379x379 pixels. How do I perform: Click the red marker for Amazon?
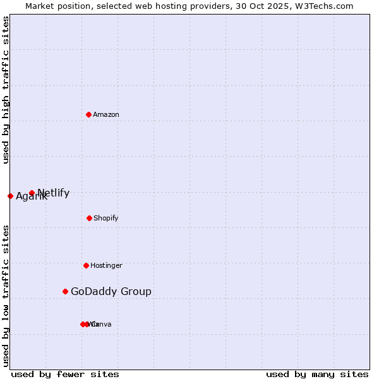(88, 114)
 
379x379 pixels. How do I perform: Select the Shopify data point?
(89, 218)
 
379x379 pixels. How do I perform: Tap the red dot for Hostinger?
(86, 265)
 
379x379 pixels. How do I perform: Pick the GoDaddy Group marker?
(65, 291)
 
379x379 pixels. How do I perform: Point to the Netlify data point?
(32, 193)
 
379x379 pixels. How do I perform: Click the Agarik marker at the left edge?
(10, 196)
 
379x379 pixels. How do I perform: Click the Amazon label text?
(106, 114)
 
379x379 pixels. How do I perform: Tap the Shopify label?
(106, 218)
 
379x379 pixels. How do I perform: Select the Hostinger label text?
(106, 265)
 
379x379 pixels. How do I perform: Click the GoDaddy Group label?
(111, 291)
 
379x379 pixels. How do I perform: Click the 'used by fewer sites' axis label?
(65, 374)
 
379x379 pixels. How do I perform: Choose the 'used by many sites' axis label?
(317, 374)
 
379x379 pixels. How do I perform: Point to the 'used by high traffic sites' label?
(6, 90)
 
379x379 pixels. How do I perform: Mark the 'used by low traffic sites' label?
(6, 296)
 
